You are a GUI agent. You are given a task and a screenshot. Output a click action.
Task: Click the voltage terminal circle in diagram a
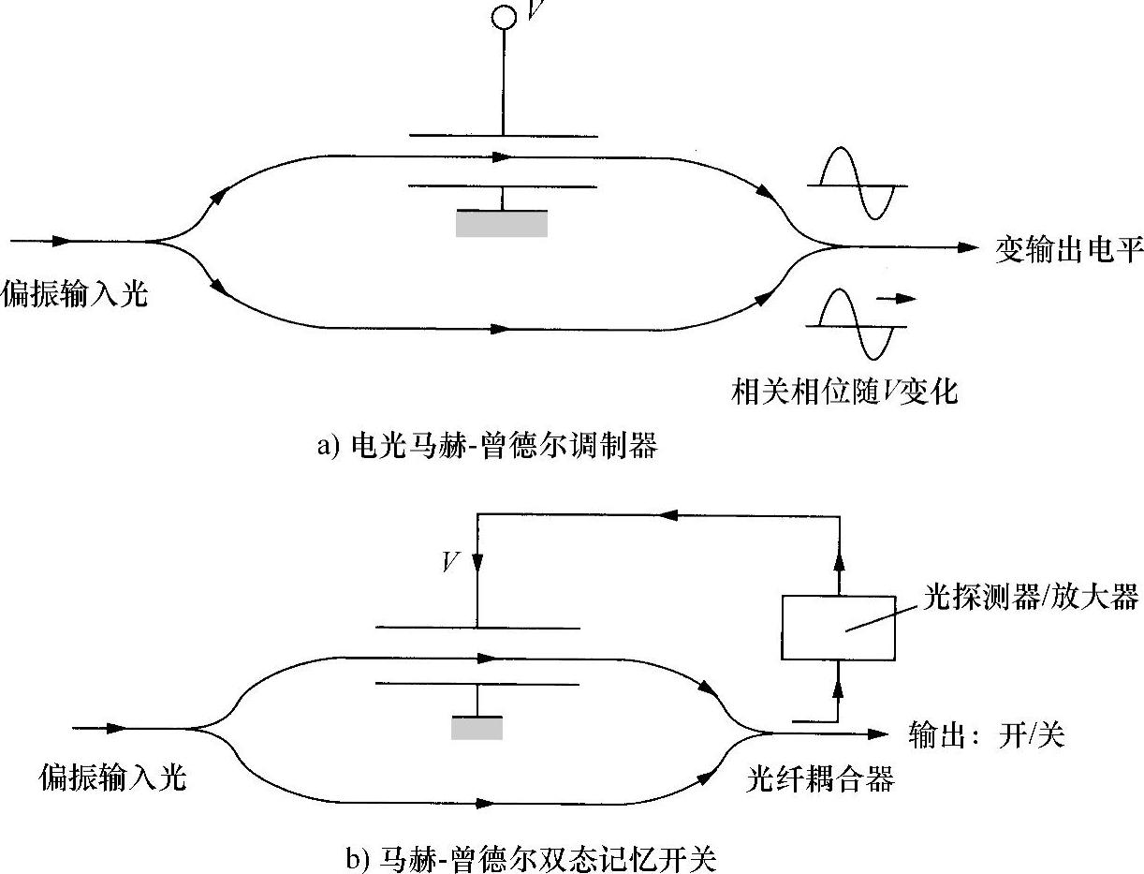(504, 16)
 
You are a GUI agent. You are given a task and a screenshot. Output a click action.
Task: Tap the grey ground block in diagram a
(502, 223)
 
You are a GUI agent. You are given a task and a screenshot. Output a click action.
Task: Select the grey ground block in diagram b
(477, 728)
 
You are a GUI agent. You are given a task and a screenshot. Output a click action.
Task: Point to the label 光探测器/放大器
(1029, 597)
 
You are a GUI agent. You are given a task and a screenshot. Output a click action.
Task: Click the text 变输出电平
(1068, 251)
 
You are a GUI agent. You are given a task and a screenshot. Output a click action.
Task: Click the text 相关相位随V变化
(844, 391)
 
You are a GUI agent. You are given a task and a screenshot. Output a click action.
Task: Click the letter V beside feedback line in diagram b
(451, 562)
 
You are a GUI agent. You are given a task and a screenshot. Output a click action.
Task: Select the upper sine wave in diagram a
(858, 184)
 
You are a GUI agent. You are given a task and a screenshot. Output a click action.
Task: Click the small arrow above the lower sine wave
(898, 300)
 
